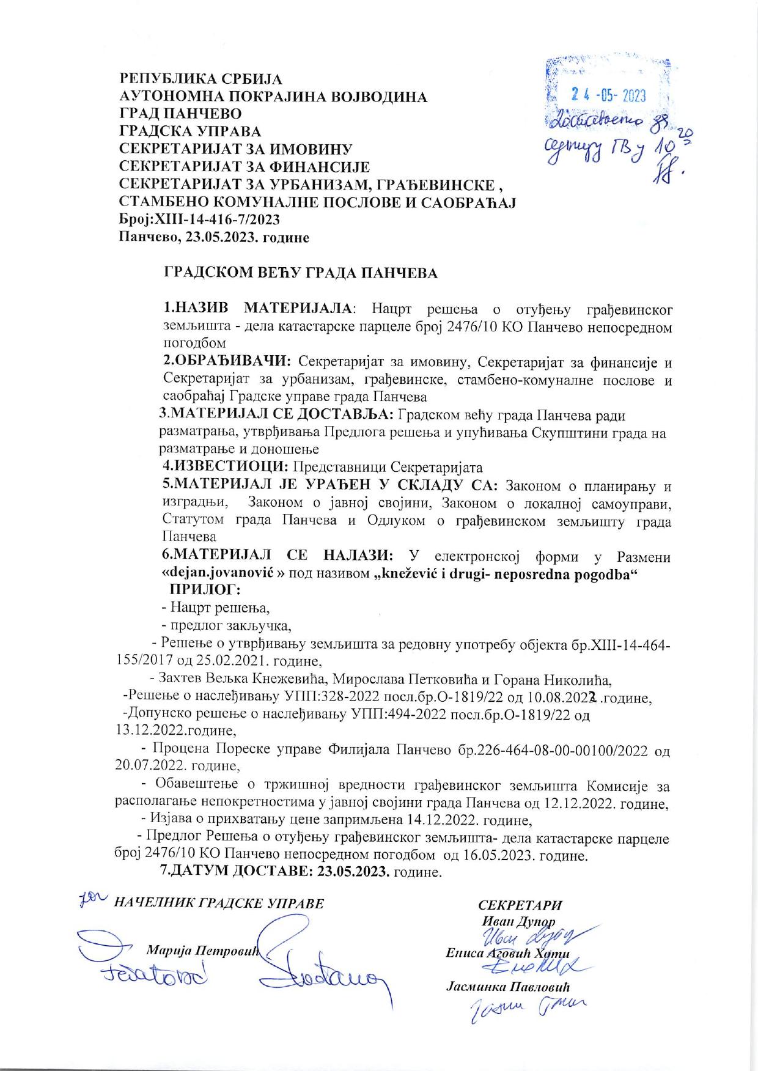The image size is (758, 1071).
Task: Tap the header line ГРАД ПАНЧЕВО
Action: pyautogui.click(x=180, y=114)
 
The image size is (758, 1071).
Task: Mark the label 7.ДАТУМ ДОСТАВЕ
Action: pyautogui.click(x=237, y=871)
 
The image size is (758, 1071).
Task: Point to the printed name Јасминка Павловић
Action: pyautogui.click(x=508, y=986)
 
